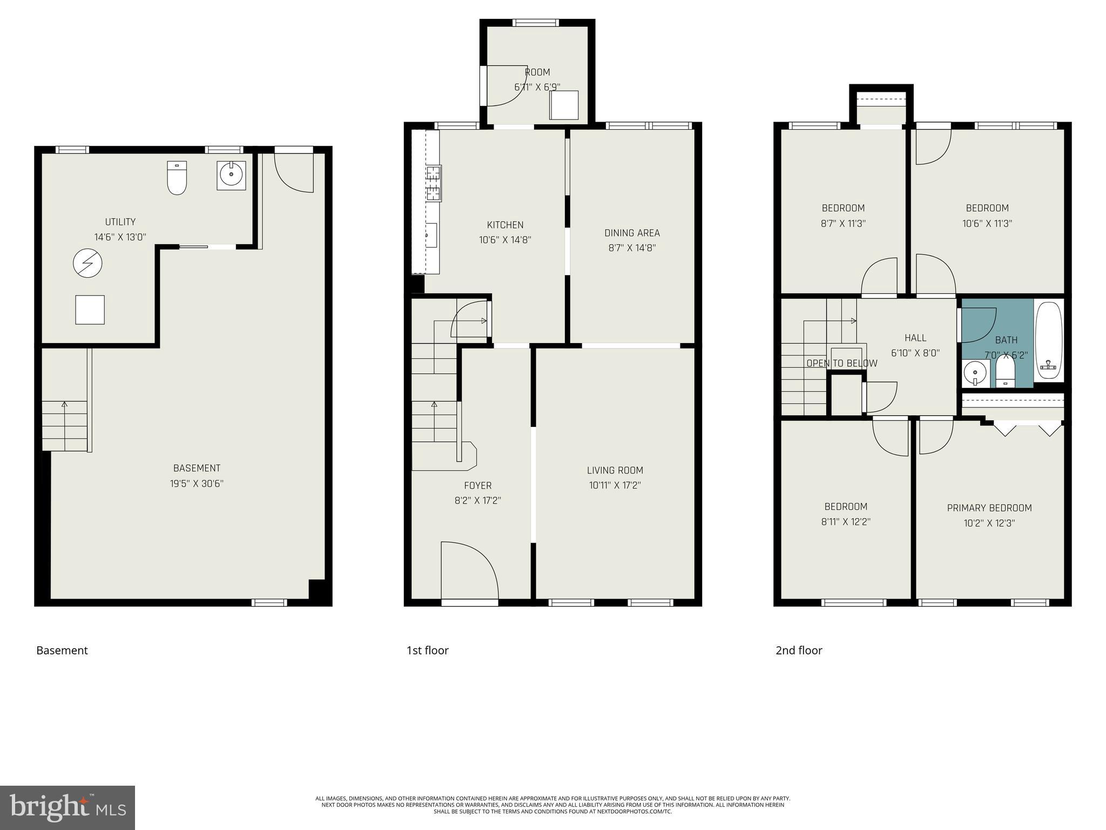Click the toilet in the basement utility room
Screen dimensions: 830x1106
pyautogui.click(x=177, y=178)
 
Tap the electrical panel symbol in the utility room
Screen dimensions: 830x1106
pyautogui.click(x=87, y=263)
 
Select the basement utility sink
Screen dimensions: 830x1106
pyautogui.click(x=231, y=175)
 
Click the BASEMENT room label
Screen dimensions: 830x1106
pyautogui.click(x=197, y=468)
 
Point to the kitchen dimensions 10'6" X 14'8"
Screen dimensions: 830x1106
pyautogui.click(x=505, y=240)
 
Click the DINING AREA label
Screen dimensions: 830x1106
pyautogui.click(x=632, y=233)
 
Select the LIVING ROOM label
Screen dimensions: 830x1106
pyautogui.click(x=615, y=470)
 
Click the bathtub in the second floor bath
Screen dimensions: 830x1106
pyautogui.click(x=1049, y=342)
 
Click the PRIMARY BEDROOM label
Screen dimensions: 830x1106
pyautogui.click(x=989, y=508)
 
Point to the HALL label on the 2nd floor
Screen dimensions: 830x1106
pyautogui.click(x=915, y=338)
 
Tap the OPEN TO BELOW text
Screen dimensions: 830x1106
pyautogui.click(x=842, y=363)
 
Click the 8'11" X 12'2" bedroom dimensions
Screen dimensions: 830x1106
pyautogui.click(x=846, y=522)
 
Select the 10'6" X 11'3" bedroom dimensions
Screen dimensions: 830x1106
pyautogui.click(x=987, y=223)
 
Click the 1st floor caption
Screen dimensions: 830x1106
pyautogui.click(x=427, y=651)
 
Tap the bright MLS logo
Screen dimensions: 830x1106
pyautogui.click(x=68, y=807)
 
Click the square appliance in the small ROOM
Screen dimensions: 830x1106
pyautogui.click(x=564, y=105)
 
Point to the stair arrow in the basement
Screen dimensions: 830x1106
pyautogui.click(x=65, y=404)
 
